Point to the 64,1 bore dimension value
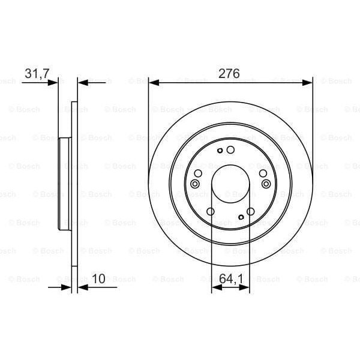tap(230, 278)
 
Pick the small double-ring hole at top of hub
tap(221, 150)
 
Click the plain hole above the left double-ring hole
tap(198, 173)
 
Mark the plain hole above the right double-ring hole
tap(263, 173)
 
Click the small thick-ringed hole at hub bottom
tap(241, 217)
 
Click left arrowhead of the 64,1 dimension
tap(215, 287)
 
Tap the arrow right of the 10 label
tap(82, 287)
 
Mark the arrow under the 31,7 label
tap(55, 82)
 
